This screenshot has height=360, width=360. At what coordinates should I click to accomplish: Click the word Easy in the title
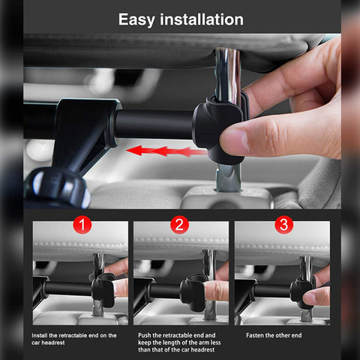136,20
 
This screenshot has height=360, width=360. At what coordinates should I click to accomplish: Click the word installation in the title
202,19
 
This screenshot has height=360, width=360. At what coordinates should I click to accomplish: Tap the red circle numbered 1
82,224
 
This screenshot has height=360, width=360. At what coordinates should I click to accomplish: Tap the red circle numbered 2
179,224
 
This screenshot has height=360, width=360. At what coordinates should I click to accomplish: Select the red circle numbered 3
284,224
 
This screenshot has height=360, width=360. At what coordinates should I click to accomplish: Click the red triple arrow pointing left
167,151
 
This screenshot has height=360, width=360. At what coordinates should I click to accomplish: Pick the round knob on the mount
58,187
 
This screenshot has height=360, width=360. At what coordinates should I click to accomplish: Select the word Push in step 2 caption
144,335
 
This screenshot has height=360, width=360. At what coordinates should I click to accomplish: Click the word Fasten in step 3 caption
255,335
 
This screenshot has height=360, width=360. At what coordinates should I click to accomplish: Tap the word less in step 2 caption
215,342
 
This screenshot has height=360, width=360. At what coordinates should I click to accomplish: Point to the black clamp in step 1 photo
103,290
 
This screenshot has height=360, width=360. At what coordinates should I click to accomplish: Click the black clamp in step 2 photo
193,292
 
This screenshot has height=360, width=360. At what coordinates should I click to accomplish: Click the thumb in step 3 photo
316,297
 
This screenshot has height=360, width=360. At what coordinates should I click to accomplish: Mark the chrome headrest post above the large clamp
227,73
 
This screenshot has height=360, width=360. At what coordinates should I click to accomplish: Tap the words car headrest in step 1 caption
48,343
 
